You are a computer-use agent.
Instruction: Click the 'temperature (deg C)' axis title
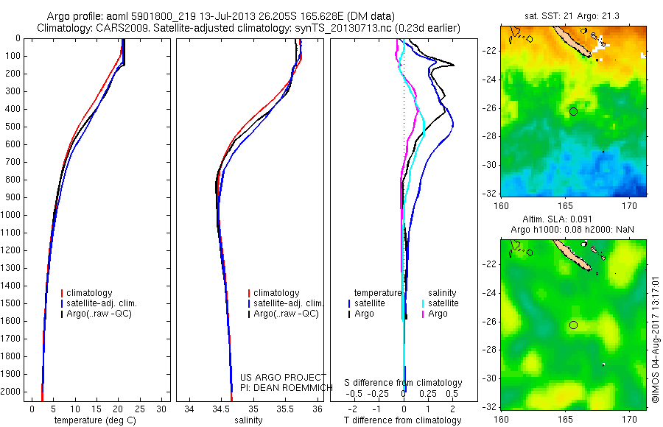pyautogui.click(x=94, y=420)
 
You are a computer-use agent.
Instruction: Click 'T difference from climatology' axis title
pyautogui.click(x=402, y=420)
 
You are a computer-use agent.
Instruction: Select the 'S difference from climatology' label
pyautogui.click(x=404, y=383)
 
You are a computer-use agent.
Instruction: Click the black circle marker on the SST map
pyautogui.click(x=573, y=111)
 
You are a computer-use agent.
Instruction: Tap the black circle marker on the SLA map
pyautogui.click(x=573, y=325)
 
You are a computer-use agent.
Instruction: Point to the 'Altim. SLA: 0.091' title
pyautogui.click(x=572, y=219)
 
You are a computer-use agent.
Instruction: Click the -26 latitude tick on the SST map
pyautogui.click(x=491, y=109)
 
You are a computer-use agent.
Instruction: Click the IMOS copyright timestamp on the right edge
pyautogui.click(x=655, y=339)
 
